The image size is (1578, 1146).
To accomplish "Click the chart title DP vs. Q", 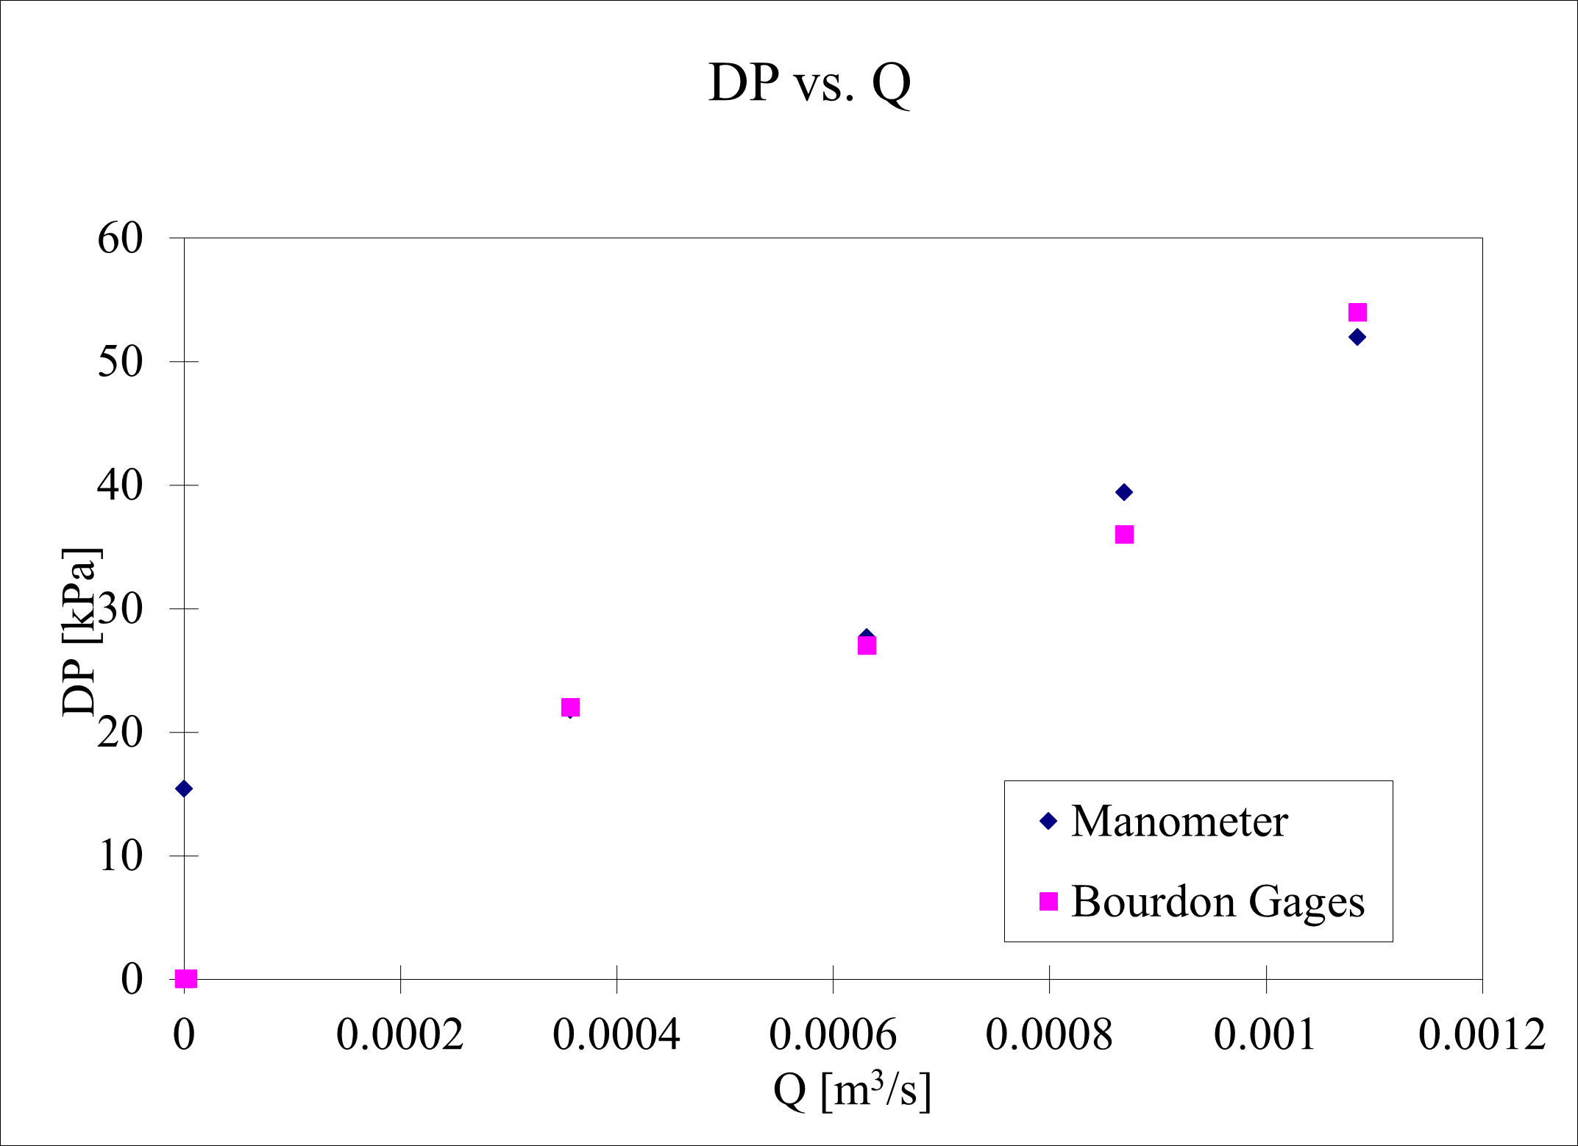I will click(x=809, y=82).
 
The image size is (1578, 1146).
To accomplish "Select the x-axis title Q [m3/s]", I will click(x=852, y=1090).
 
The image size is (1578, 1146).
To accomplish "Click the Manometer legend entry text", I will click(x=1179, y=822).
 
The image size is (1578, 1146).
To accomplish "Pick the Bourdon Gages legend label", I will click(x=1218, y=902).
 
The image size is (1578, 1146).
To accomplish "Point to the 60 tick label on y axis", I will click(x=120, y=238).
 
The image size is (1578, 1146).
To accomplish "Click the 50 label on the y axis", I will click(x=120, y=362).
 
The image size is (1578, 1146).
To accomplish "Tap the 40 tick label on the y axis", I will click(x=120, y=485).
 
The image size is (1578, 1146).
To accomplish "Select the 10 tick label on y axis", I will click(x=120, y=856).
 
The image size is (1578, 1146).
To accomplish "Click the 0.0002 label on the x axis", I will click(x=400, y=1035).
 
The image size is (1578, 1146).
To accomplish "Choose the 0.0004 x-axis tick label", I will click(x=616, y=1035).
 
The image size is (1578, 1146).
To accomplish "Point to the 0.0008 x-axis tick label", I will click(x=1049, y=1035).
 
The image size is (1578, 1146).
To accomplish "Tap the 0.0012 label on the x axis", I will click(x=1482, y=1035).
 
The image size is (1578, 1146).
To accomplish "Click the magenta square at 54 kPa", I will click(x=1357, y=313).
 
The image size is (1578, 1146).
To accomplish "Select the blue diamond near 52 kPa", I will click(x=1357, y=337).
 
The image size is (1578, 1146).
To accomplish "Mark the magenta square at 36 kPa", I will click(x=1124, y=534).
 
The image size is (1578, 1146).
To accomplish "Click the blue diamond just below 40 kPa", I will click(x=1124, y=492).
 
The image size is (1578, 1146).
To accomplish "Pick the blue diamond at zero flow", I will click(x=184, y=789).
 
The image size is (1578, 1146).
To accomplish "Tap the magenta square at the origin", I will click(x=186, y=978).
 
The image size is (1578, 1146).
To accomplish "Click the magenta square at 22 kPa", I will click(x=570, y=707).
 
